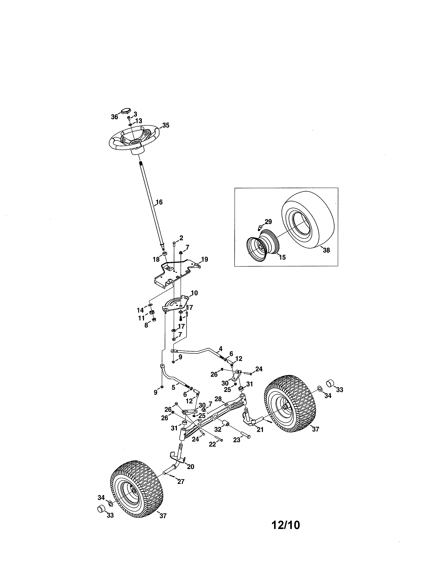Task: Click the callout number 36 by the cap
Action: (x=114, y=117)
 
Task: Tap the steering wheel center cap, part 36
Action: (x=126, y=110)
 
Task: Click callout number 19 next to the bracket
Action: (x=204, y=260)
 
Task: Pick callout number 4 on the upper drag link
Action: (x=220, y=349)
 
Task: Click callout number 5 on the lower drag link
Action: (x=173, y=388)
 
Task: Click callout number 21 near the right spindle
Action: (x=260, y=430)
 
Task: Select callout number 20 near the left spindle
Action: (x=190, y=467)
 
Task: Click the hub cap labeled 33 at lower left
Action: (x=101, y=508)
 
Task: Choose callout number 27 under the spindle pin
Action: (x=181, y=482)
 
